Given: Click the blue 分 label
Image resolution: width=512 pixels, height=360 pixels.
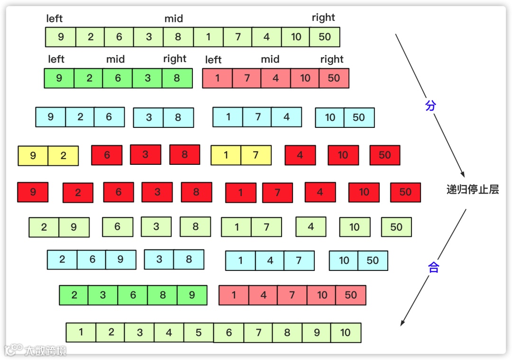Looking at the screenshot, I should pos(430,106).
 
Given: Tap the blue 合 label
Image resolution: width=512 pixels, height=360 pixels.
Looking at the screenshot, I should pos(433,268).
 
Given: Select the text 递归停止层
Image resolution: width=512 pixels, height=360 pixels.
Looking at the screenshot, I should pos(473,190).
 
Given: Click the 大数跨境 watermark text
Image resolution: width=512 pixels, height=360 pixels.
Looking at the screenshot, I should pos(46,351).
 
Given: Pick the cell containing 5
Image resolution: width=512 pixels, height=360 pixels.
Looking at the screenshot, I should pos(198,333).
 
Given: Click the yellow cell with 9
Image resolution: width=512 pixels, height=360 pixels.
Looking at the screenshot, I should pos(33,156).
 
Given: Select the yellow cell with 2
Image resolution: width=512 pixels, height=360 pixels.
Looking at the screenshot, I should pos(63,156).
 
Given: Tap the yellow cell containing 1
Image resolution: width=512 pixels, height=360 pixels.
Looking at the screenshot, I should pos(226,155).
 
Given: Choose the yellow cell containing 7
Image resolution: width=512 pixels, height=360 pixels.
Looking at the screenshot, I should pos(256,155).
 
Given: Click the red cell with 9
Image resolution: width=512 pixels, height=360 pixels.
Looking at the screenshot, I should pos(33,192).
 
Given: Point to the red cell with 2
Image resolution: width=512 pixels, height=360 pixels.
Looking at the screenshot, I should pos(78,193).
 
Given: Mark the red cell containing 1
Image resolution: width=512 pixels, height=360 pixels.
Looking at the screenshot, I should pos(240,193).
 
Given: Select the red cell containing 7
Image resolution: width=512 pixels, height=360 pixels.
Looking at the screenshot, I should pos(277,193).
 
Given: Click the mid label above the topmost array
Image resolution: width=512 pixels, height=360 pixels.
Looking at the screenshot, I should pos(174,19).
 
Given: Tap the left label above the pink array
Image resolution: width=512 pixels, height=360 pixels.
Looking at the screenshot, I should pos(213,60).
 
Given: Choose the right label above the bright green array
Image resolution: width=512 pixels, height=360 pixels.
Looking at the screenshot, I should pos(174,59).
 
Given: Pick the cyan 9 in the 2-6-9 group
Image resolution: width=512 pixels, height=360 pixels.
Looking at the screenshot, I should pos(120,260).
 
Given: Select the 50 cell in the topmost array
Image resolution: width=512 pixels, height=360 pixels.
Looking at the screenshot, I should pos(325,37).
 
